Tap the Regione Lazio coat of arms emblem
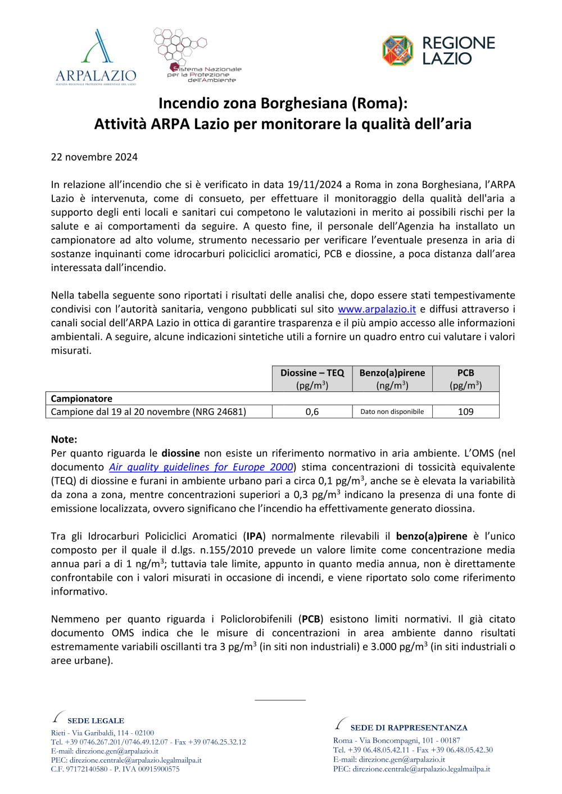pyautogui.click(x=397, y=51)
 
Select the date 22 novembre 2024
pyautogui.click(x=94, y=157)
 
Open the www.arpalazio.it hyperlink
pyautogui.click(x=377, y=309)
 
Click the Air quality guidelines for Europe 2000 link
pyautogui.click(x=201, y=467)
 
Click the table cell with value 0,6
pyautogui.click(x=312, y=412)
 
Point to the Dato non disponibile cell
pyautogui.click(x=392, y=412)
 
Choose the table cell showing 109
pyautogui.click(x=465, y=412)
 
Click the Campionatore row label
pyautogui.click(x=81, y=399)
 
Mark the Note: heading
pyautogui.click(x=64, y=440)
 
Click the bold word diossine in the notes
pyautogui.click(x=180, y=453)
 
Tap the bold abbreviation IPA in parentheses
pyautogui.click(x=255, y=536)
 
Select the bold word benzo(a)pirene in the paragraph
pyautogui.click(x=432, y=536)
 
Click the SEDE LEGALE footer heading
pyautogui.click(x=96, y=721)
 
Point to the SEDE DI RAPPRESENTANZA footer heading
pyautogui.click(x=409, y=728)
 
